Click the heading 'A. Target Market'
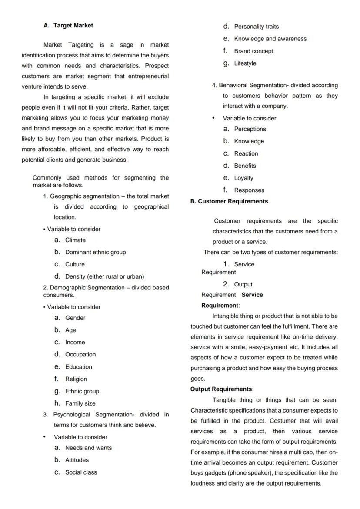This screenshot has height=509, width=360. [68, 26]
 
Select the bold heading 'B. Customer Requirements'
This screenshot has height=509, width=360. [229, 201]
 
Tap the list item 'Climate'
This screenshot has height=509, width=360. [75, 240]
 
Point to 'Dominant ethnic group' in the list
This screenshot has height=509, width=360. [95, 252]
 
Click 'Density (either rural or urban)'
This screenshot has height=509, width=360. [104, 276]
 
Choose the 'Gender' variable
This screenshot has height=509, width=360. [75, 318]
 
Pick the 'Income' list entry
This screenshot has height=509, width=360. [75, 343]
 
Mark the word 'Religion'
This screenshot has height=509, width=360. [76, 379]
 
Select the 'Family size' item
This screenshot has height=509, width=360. [80, 403]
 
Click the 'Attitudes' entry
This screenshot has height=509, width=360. [77, 460]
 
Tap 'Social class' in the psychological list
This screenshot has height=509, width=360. [81, 472]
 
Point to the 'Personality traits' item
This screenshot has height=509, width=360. [256, 27]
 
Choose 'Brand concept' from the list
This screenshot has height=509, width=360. [253, 51]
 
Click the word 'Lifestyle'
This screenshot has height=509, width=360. [245, 63]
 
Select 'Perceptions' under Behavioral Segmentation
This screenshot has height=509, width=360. [250, 129]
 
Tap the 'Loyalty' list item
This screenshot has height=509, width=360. [243, 178]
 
